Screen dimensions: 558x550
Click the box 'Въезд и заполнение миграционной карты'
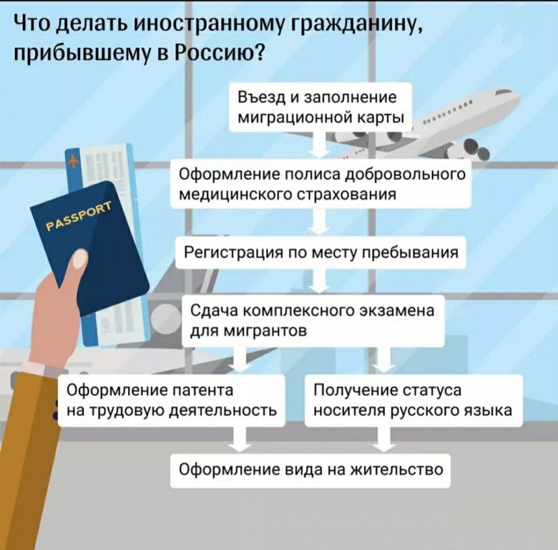(320, 107)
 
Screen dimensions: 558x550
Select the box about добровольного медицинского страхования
(320, 184)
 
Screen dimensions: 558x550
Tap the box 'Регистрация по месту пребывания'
(320, 253)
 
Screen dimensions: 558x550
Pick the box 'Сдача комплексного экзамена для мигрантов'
(313, 321)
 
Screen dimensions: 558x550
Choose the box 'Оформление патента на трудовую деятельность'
(172, 400)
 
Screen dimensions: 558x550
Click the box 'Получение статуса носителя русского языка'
(413, 400)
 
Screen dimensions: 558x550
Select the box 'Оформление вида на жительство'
(310, 471)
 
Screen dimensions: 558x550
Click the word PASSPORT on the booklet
(79, 215)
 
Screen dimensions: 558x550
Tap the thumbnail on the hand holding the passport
(80, 259)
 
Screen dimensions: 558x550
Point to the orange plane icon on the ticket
(73, 161)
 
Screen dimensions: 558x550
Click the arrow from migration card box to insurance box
(320, 145)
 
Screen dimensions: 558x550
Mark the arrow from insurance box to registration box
(320, 222)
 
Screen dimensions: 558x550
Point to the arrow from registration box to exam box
(320, 281)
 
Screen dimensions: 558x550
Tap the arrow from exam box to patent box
(240, 360)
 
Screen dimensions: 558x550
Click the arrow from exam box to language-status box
(383, 360)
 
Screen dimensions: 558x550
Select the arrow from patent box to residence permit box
(240, 440)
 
